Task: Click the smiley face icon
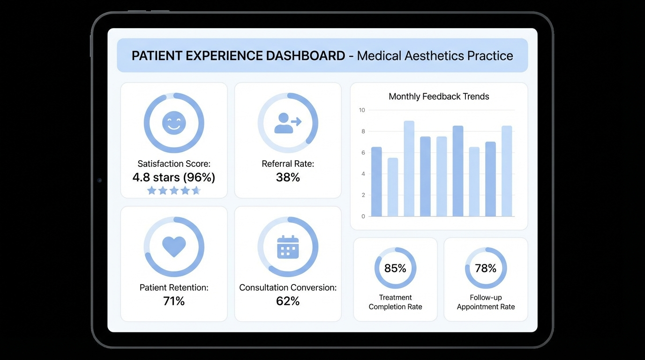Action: pos(174,123)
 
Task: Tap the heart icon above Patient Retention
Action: pos(174,246)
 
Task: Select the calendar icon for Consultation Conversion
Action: pos(288,247)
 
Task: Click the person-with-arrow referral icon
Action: pos(287,123)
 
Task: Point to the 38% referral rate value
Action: pos(288,177)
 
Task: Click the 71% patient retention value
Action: pos(174,301)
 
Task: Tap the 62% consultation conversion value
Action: pos(288,301)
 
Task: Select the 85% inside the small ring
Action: pos(395,268)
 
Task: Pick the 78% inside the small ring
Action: pos(486,268)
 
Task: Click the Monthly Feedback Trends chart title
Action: pos(439,97)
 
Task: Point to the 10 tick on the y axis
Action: pos(362,110)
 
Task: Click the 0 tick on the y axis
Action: pos(363,217)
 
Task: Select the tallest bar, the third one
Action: pos(409,169)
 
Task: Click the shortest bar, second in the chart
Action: pos(393,187)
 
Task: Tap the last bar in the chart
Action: pos(507,171)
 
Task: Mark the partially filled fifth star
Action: pos(196,190)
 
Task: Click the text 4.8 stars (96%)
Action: pos(174,177)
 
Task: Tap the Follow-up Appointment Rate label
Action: pos(486,302)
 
